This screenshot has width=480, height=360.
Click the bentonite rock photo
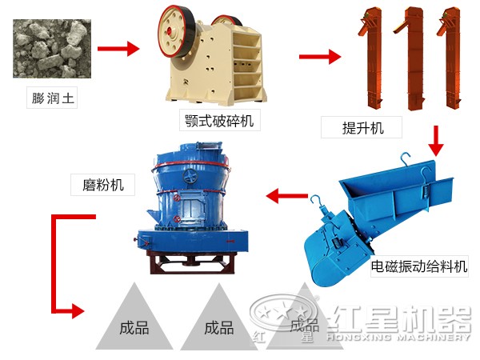pyautogui.click(x=49, y=53)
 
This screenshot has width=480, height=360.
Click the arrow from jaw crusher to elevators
pyautogui.click(x=319, y=57)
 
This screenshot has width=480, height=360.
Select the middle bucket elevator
pyautogui.click(x=413, y=60)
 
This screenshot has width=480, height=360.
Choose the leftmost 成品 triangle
pyautogui.click(x=133, y=324)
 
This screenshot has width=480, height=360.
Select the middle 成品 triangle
pyautogui.click(x=218, y=324)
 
